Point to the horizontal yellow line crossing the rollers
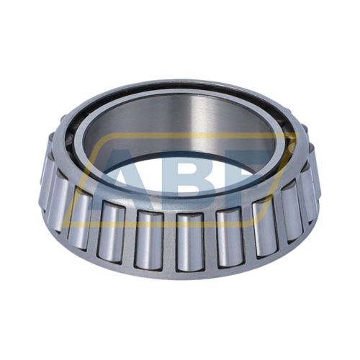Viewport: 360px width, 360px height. (180, 220)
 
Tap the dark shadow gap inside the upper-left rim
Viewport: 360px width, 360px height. (79, 126)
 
